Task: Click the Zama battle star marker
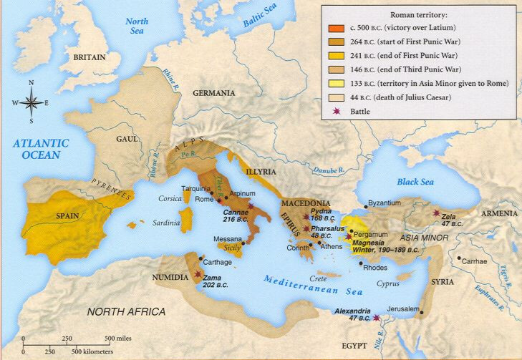(x=197, y=274)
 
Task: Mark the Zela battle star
(x=435, y=213)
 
